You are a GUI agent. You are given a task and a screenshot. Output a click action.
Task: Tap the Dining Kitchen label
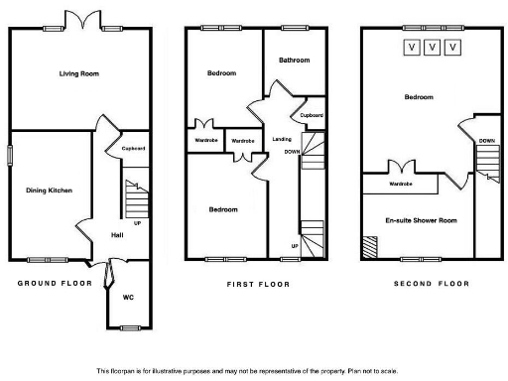click(x=50, y=190)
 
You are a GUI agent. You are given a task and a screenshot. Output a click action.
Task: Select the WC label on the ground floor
click(x=128, y=297)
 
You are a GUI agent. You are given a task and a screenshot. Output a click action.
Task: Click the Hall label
click(x=117, y=235)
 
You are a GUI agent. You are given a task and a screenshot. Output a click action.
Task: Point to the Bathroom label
click(x=294, y=61)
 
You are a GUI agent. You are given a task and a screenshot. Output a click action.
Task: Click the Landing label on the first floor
click(x=282, y=140)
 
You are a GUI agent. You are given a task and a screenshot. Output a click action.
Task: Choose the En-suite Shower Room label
click(x=422, y=220)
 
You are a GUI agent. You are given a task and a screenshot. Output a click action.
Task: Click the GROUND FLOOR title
click(x=55, y=284)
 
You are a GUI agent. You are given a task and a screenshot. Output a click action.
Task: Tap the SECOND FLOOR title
click(x=432, y=284)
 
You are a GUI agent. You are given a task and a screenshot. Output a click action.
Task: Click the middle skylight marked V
click(x=432, y=47)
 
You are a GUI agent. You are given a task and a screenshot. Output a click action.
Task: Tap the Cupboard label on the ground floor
click(x=134, y=149)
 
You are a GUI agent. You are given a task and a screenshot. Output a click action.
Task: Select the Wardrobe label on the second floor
click(x=401, y=184)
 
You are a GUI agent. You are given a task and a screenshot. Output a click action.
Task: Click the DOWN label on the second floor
click(x=486, y=141)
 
